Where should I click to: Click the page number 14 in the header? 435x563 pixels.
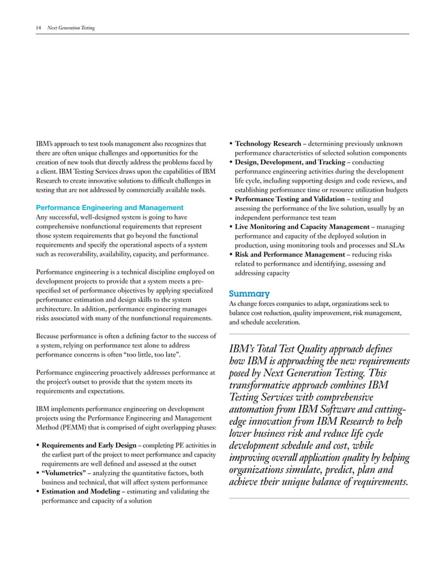point(37,28)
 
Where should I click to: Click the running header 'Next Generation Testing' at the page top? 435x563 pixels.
point(70,28)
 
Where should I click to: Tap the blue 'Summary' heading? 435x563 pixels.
point(249,294)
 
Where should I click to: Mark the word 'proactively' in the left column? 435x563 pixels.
point(112,373)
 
